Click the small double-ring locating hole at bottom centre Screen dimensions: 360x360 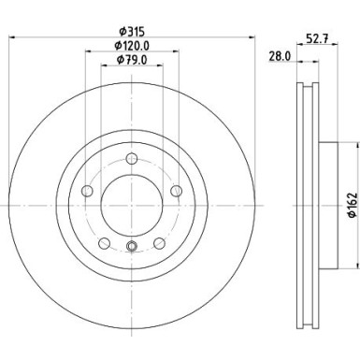pyautogui.click(x=131, y=247)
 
